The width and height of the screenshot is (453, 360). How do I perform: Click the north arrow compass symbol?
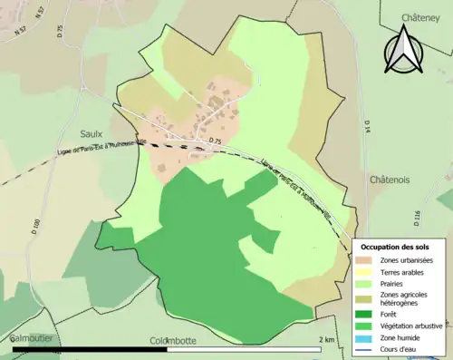pos(405,49)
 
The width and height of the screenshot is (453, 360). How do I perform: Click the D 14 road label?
pos(368,126)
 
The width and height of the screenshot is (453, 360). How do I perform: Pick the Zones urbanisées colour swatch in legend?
pos(368,261)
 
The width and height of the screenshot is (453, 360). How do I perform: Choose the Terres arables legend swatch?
pos(368,272)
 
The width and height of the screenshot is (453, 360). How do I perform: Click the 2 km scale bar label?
pos(326,340)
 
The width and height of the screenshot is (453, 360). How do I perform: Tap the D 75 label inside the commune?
pos(214,142)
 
